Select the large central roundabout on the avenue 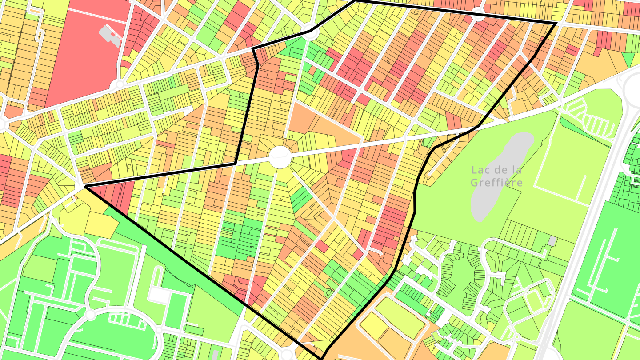pyautogui.click(x=280, y=157)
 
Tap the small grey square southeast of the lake pyautogui.click(x=552, y=241)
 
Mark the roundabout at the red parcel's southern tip pyautogui.click(x=119, y=84)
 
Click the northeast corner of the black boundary pyautogui.click(x=556, y=23)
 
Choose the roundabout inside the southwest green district pyautogui.click(x=90, y=315)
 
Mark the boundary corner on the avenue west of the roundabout pyautogui.click(x=235, y=163)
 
